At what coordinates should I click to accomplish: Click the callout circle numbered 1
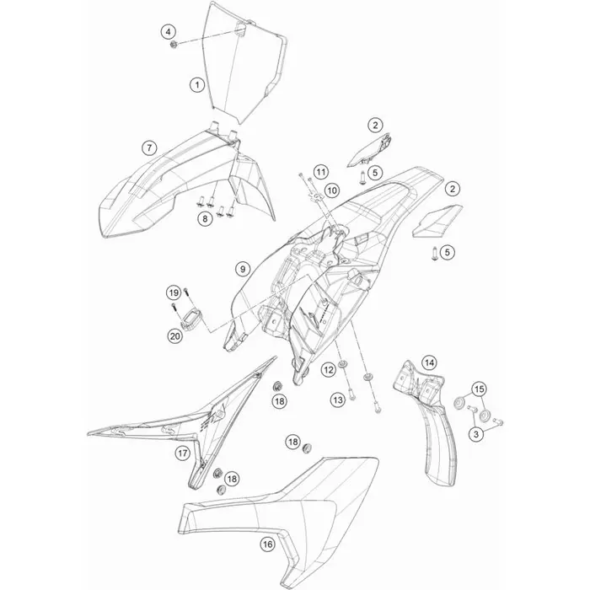196,84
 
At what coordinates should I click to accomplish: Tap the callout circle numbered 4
169,32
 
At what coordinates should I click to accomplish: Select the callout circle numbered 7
149,147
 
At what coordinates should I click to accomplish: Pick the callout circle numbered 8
205,218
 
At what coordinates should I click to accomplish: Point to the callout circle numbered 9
243,269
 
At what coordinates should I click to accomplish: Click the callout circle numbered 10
332,190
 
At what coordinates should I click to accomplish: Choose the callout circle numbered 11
320,172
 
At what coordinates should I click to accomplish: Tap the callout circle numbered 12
329,370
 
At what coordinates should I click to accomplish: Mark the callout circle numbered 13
338,400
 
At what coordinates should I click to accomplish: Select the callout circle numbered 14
429,362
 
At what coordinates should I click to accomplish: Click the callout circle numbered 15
480,389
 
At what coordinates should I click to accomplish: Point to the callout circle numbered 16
267,544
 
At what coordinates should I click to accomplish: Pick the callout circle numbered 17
183,453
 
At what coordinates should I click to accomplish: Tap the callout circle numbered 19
174,292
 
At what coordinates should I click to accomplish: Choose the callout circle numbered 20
175,335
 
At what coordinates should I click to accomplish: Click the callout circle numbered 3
476,434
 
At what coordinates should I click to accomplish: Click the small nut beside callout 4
174,46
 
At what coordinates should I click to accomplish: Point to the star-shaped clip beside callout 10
316,196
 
